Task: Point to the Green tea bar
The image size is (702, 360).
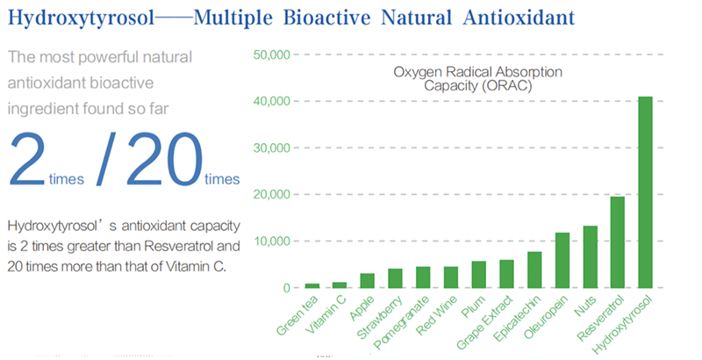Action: pos(312,285)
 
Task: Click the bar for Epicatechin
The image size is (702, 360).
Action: pos(534,270)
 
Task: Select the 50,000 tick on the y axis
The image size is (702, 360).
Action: pos(270,54)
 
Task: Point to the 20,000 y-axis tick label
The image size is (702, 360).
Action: pos(270,194)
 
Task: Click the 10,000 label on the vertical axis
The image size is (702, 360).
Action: pos(270,241)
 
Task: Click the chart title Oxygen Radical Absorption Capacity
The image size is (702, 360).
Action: pos(478,78)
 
